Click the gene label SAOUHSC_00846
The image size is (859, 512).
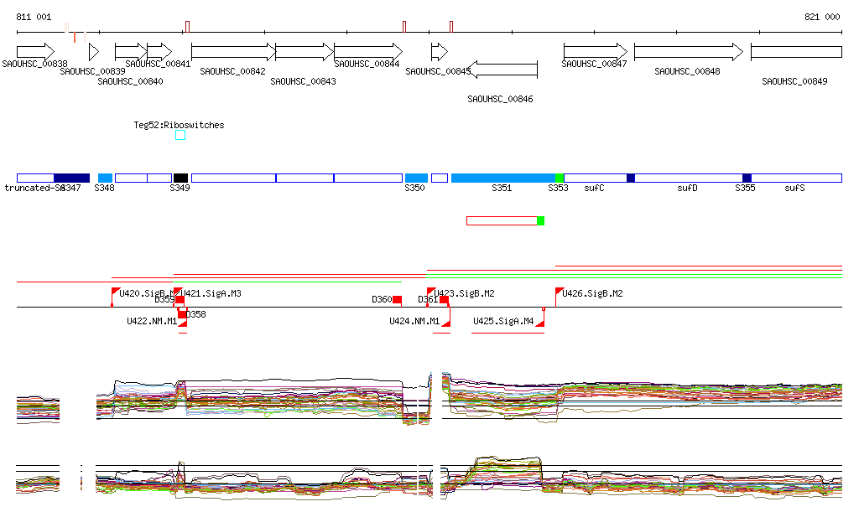coord(500,99)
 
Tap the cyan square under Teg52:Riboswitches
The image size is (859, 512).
coord(180,135)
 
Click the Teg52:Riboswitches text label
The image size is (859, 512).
coord(179,125)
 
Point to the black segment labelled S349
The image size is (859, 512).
coord(180,178)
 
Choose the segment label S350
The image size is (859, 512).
coord(414,189)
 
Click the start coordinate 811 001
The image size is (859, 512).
coord(34,17)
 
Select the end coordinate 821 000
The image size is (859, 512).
coord(822,17)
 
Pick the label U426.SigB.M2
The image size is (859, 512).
coord(592,293)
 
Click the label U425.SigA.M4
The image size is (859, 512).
coord(503,321)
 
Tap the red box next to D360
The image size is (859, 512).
coord(398,299)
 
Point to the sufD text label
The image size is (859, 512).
coord(687,189)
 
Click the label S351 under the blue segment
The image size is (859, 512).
coord(502,189)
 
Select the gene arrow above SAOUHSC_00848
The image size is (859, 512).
coord(688,52)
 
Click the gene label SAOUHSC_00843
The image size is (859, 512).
coord(305,81)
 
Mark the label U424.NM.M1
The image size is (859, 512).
coord(414,321)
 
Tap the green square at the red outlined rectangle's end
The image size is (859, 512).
coord(540,220)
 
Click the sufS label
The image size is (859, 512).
coord(794,189)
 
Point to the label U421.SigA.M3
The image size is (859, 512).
coord(211,293)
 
